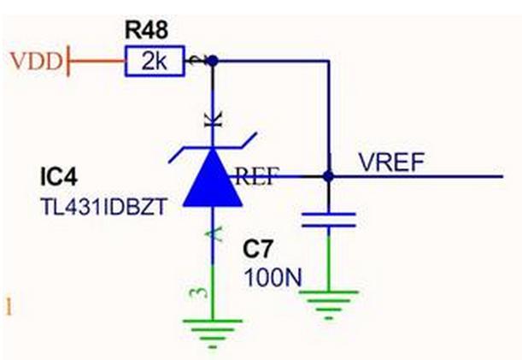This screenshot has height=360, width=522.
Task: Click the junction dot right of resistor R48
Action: [x=213, y=61]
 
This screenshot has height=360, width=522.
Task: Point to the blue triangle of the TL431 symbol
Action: [x=212, y=178]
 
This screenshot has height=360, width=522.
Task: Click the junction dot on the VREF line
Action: [x=327, y=177]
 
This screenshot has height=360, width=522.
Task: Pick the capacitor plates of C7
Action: [x=327, y=220]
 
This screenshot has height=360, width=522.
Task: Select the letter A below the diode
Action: [x=212, y=231]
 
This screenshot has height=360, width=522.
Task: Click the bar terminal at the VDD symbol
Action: [x=67, y=62]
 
